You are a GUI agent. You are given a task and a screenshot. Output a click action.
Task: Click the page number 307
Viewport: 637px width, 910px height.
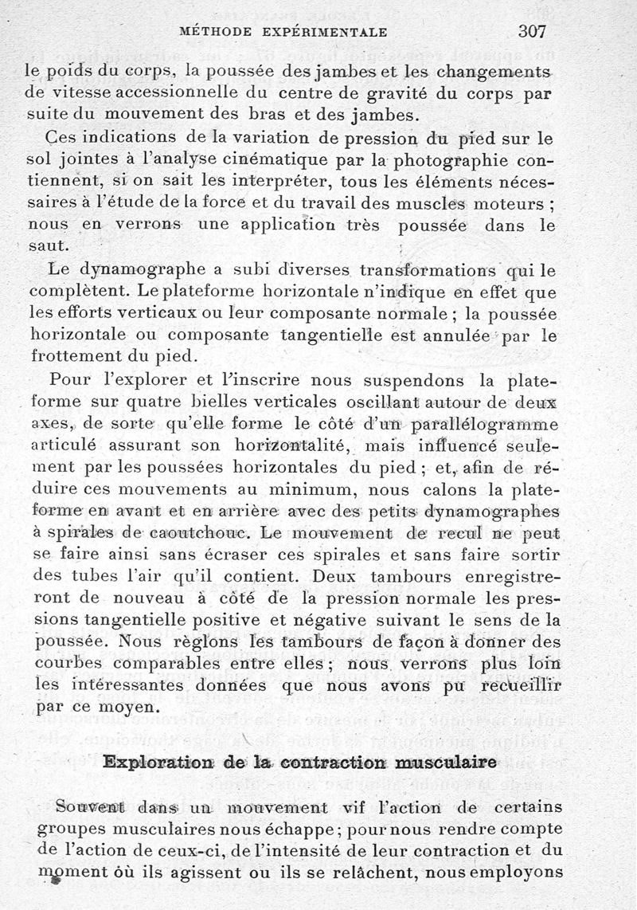pyautogui.click(x=534, y=32)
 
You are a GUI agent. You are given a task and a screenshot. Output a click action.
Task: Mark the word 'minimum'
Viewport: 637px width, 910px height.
pyautogui.click(x=281, y=488)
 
